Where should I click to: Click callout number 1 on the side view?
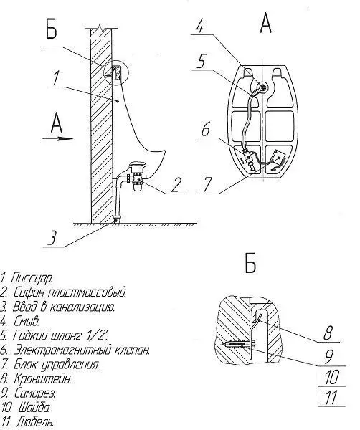coord(56,78)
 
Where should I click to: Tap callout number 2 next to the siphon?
coord(176,185)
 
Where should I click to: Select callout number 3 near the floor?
coord(52,237)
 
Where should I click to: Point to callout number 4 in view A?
coord(200,27)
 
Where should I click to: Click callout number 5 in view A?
coord(201,62)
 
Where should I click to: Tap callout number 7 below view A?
coord(207,185)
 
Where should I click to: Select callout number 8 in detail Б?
coord(327,333)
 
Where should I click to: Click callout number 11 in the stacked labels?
coord(331,397)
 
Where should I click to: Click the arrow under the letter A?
coord(58,139)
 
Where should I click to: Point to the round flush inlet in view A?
coord(262,87)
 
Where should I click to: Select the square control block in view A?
coord(279,158)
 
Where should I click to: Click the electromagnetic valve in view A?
coord(250,159)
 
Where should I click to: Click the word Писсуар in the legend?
coord(32,278)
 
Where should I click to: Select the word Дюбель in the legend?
coord(34,422)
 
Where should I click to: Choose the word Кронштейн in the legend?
coord(42,379)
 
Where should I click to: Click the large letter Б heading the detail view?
coord(250,263)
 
